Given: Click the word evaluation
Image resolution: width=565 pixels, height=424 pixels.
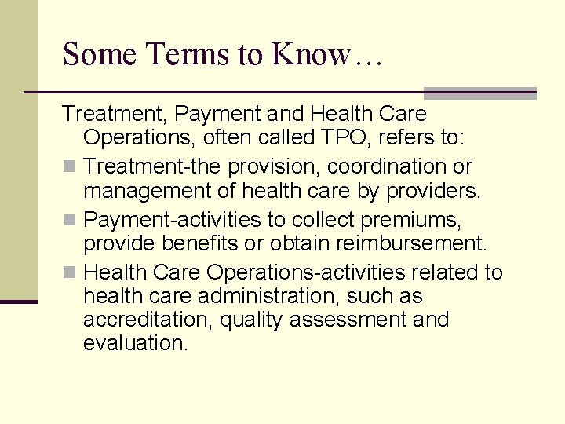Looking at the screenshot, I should [x=135, y=343].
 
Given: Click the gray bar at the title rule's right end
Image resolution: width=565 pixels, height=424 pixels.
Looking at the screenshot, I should [x=479, y=93].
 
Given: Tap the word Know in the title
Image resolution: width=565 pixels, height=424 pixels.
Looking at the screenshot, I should [x=311, y=54].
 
